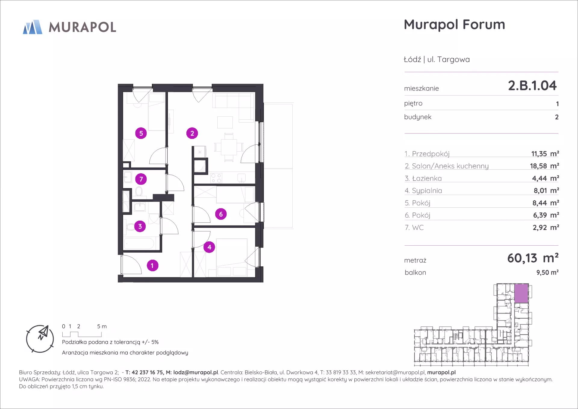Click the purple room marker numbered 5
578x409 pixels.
click(x=141, y=133)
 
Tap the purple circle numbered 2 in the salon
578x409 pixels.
click(x=192, y=133)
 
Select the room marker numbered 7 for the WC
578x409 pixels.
click(x=141, y=179)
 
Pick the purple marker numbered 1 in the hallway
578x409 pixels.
click(x=152, y=266)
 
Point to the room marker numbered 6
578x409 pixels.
click(x=221, y=214)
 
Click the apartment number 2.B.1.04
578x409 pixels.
click(x=532, y=86)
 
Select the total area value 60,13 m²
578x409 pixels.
click(x=533, y=258)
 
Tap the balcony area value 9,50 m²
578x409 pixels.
click(x=547, y=272)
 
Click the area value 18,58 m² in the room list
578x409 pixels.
click(x=544, y=166)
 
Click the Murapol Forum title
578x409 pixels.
click(x=454, y=25)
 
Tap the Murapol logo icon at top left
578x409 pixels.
click(x=33, y=27)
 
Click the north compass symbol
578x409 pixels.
click(x=40, y=339)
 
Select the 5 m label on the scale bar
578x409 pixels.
click(x=102, y=326)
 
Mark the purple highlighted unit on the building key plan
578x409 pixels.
click(x=521, y=293)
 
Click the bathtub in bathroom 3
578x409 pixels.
click(x=139, y=243)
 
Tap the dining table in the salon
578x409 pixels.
click(x=229, y=147)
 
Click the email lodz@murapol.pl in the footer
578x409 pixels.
click(x=196, y=373)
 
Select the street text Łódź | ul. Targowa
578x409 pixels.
click(x=437, y=59)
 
